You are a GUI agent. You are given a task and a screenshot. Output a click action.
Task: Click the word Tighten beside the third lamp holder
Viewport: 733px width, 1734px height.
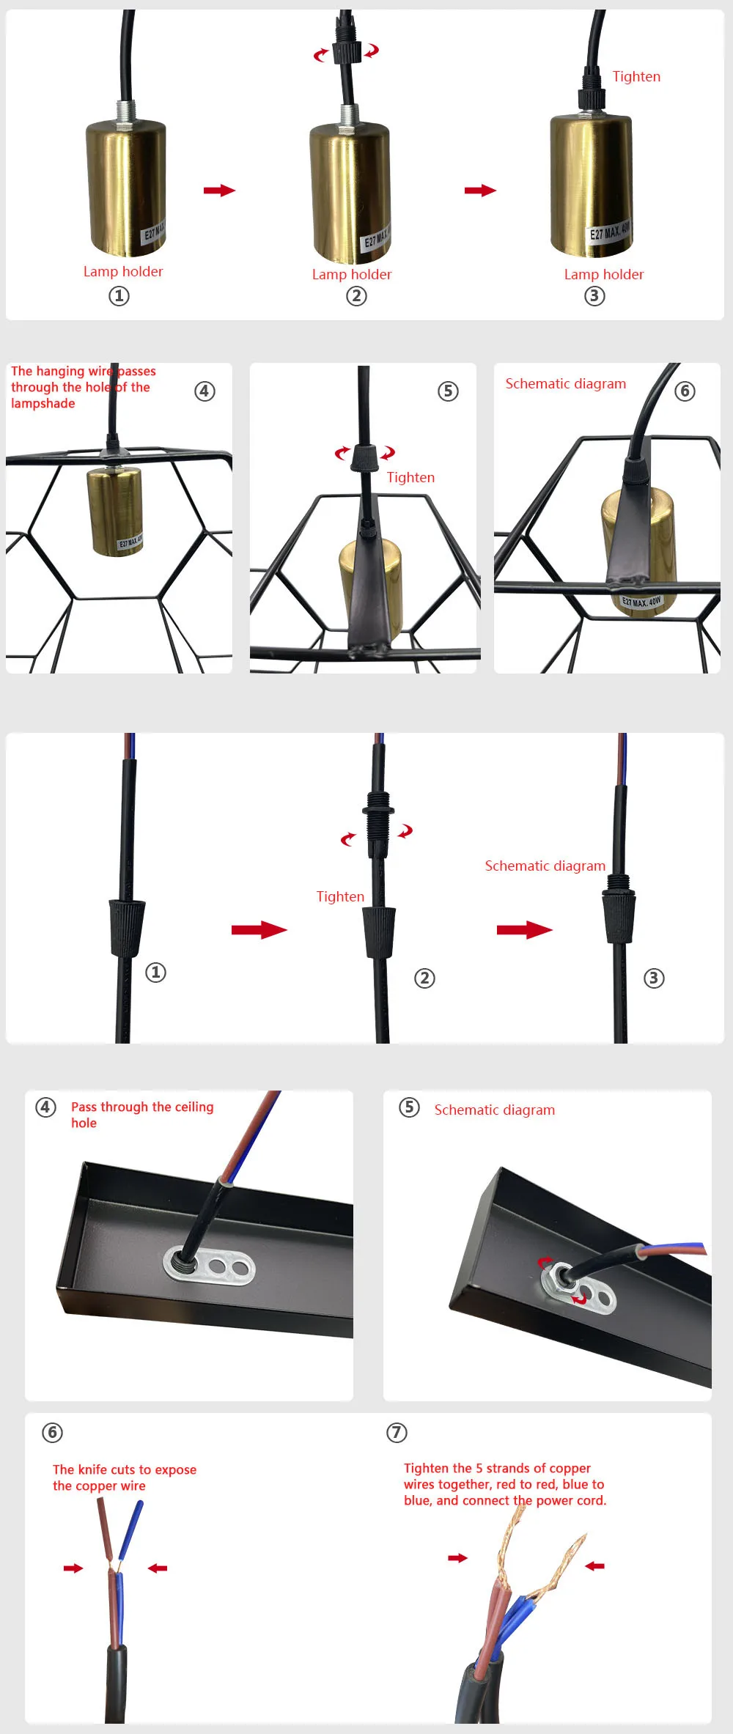(x=636, y=77)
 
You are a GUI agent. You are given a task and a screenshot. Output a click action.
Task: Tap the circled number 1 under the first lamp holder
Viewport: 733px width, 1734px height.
(x=119, y=296)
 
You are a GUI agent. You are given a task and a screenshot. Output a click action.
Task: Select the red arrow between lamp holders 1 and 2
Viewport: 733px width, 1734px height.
(x=219, y=191)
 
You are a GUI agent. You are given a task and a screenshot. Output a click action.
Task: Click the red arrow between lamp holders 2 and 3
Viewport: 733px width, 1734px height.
(x=480, y=191)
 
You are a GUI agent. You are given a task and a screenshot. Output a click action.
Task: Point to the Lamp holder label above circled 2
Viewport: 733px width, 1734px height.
(x=352, y=275)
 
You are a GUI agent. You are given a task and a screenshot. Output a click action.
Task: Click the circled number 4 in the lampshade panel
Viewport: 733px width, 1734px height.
(x=205, y=391)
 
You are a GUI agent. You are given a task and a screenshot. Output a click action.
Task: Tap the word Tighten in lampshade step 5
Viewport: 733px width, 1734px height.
(x=410, y=478)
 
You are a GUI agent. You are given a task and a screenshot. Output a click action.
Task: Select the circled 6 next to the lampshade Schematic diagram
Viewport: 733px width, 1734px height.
(x=685, y=391)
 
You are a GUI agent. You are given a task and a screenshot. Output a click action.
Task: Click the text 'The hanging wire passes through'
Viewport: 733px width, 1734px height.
(x=83, y=379)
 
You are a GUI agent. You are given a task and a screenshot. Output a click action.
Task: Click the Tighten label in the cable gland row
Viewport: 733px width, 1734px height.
(x=340, y=897)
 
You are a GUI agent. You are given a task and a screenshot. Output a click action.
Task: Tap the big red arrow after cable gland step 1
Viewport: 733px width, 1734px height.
(x=259, y=930)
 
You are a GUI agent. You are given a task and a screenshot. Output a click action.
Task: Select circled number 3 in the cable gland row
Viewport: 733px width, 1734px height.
(x=654, y=978)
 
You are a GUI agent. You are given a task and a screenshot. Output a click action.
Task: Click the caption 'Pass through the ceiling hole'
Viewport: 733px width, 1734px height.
(x=142, y=1115)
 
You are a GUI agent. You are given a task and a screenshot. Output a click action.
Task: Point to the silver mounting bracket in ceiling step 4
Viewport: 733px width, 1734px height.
(x=210, y=1264)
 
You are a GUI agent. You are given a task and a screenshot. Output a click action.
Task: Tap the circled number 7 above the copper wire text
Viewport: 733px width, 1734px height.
(x=397, y=1433)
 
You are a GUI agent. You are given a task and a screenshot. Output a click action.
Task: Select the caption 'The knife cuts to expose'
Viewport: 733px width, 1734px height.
(x=125, y=1469)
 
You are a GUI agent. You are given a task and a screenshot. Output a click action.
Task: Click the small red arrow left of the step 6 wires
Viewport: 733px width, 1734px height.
(x=73, y=1568)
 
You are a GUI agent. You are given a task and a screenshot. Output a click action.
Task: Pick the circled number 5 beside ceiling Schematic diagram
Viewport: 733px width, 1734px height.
(x=409, y=1107)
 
